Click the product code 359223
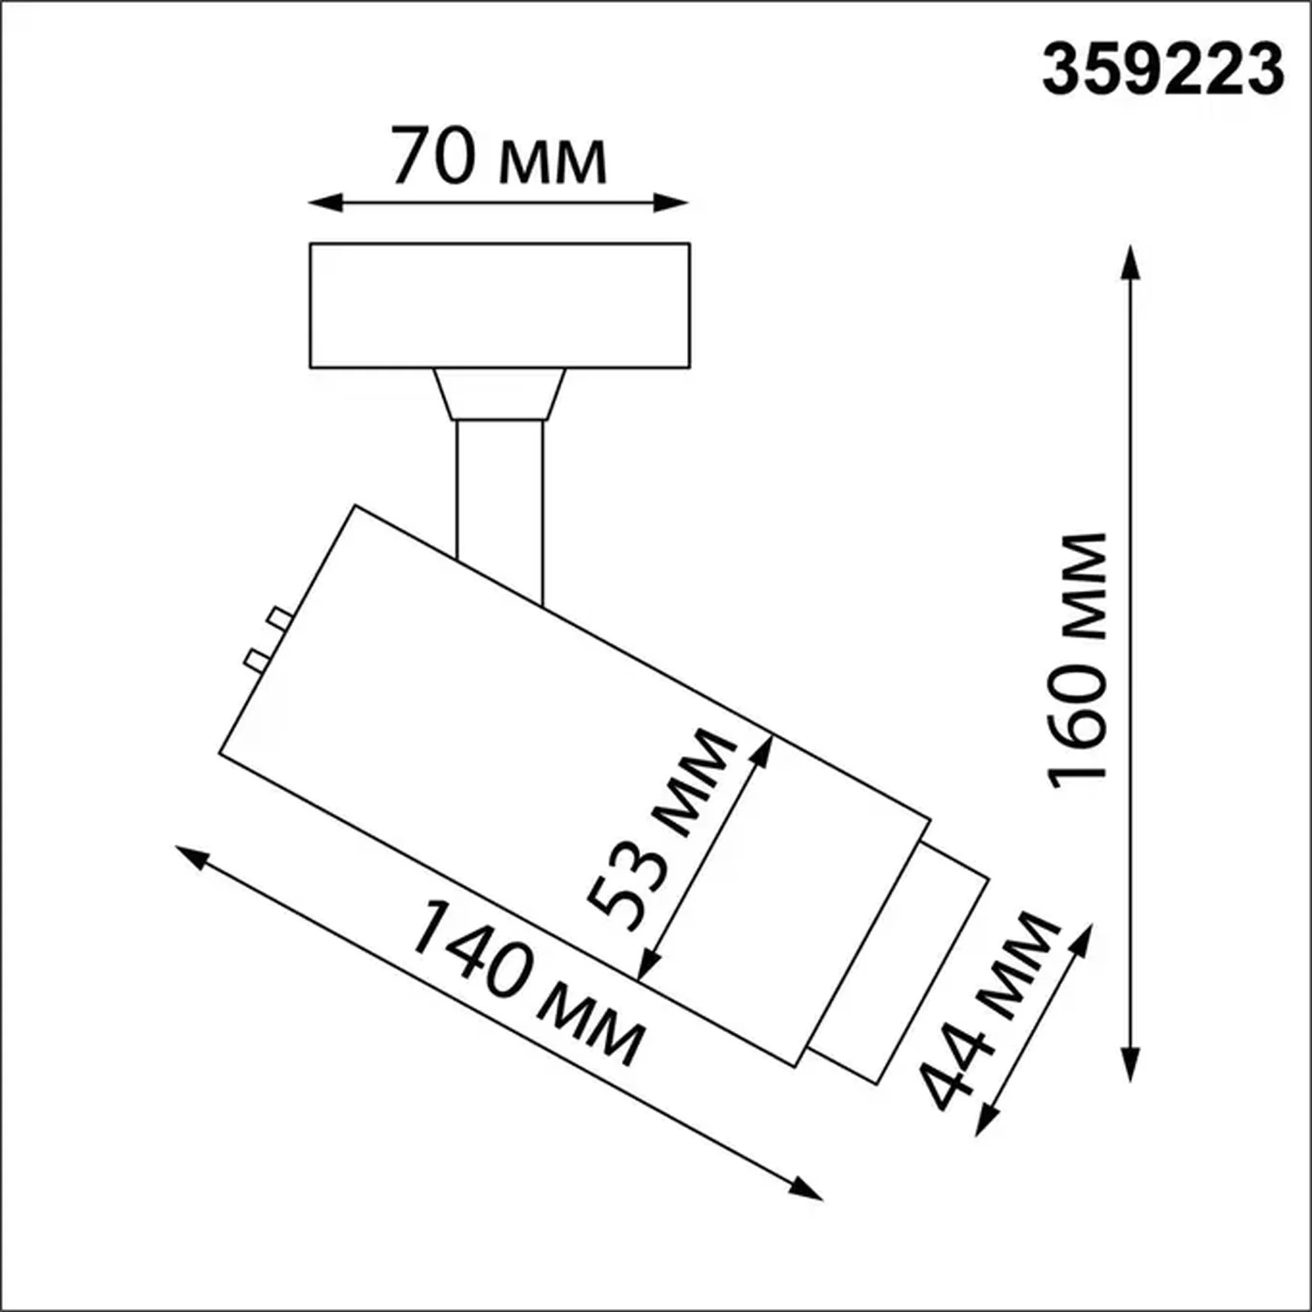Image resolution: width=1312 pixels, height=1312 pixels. tap(1162, 70)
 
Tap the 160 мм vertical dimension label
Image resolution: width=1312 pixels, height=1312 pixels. tap(1077, 661)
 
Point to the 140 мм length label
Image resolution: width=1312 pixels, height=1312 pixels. tap(526, 984)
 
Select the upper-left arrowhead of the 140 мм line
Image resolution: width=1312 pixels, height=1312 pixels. tap(191, 856)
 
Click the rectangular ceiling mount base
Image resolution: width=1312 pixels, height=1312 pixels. tap(500, 305)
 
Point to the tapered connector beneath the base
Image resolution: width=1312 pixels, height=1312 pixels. tap(500, 394)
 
